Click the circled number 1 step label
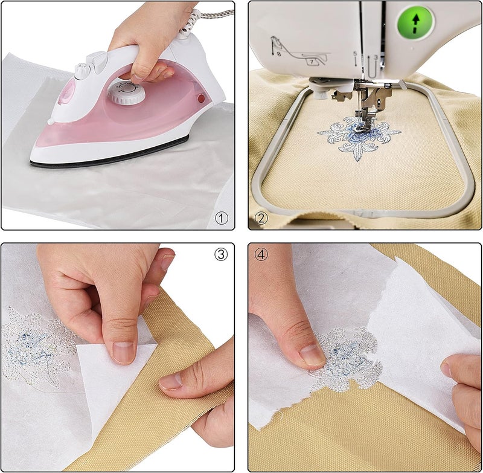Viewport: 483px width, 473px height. click(x=222, y=218)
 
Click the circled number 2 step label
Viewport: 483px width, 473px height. click(x=261, y=218)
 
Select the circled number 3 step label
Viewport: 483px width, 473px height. click(x=221, y=254)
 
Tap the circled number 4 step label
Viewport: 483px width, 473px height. click(x=261, y=254)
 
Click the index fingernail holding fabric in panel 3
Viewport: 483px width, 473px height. click(x=171, y=381)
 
